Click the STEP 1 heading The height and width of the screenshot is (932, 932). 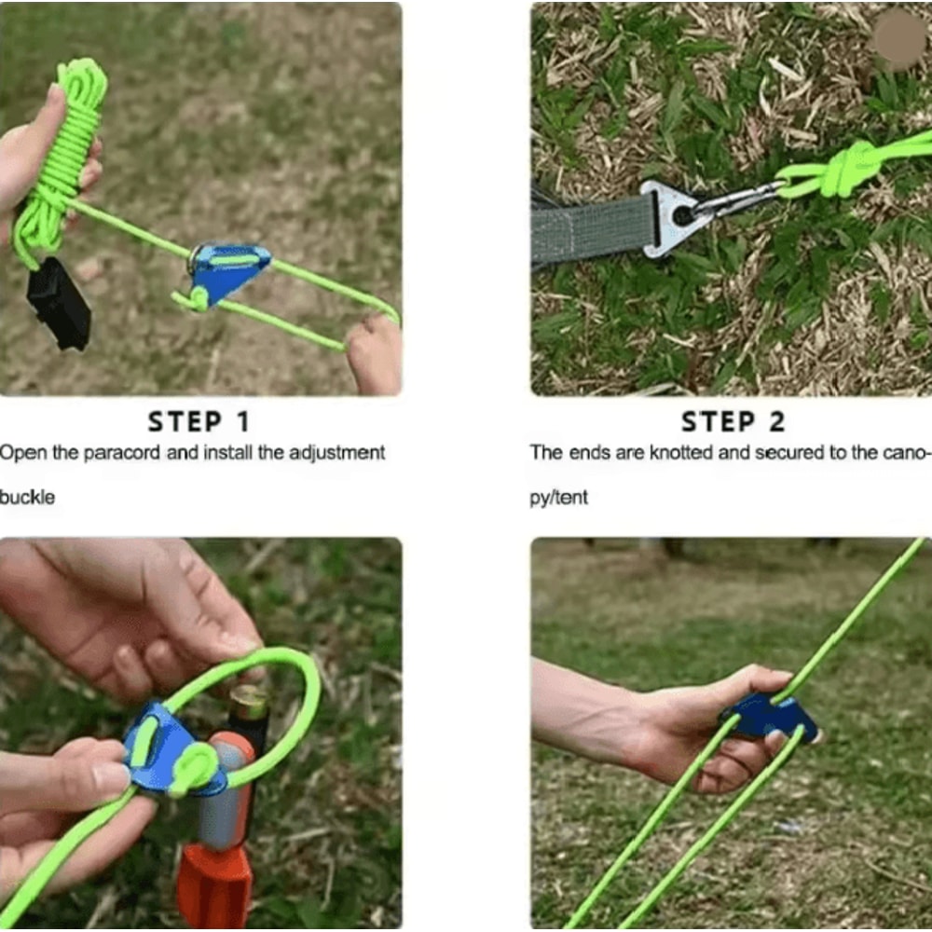pos(199,422)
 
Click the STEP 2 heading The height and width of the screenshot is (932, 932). pos(733,422)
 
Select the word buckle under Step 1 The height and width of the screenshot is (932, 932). pos(27,498)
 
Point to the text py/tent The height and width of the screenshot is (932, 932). pos(559,498)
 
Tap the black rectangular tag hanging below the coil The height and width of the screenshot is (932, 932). pos(59,302)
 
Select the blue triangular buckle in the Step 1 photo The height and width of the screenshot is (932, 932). pos(228,271)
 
